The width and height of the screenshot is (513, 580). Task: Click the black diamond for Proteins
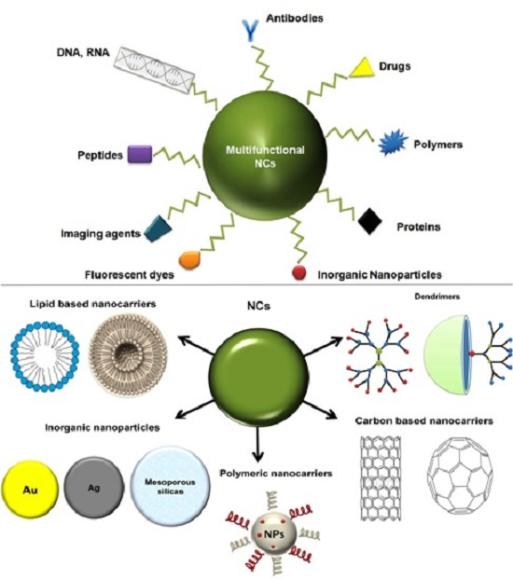coord(370,221)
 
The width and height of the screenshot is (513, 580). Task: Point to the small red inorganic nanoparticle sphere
coord(299,273)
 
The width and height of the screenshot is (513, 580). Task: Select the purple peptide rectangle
coord(139,154)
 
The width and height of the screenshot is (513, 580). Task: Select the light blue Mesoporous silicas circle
coord(165,480)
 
